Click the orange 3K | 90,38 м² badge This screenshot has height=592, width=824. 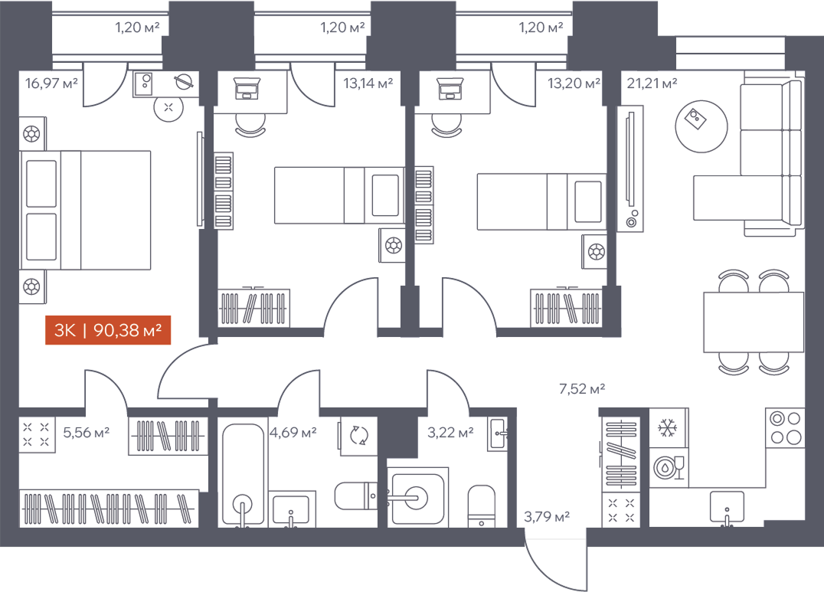(x=108, y=329)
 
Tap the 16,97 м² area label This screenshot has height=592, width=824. (x=51, y=83)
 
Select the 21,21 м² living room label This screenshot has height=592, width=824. (x=652, y=83)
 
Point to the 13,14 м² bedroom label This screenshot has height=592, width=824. (x=368, y=83)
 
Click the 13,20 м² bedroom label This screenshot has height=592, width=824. (x=574, y=83)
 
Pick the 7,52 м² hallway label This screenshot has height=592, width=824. (x=582, y=388)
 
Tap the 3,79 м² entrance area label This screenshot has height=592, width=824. (x=547, y=517)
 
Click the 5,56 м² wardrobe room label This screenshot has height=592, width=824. (x=87, y=432)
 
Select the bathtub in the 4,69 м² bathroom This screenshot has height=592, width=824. (x=243, y=474)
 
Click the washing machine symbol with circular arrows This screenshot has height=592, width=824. (x=359, y=435)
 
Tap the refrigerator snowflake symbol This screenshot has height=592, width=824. (x=669, y=427)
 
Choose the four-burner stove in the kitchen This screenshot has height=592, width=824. (x=786, y=427)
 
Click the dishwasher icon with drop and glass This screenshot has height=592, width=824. (x=669, y=467)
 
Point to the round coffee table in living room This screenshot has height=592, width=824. (x=701, y=126)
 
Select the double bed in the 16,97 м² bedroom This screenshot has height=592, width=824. (x=85, y=211)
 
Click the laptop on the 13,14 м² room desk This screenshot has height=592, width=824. (x=247, y=88)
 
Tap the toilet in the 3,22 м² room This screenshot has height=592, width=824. (x=482, y=505)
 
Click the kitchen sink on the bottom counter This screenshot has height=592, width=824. (x=727, y=507)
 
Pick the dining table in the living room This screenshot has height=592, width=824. (x=754, y=322)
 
